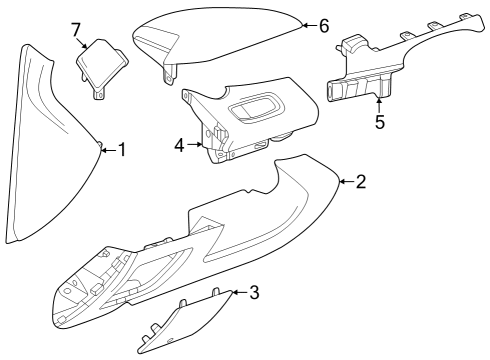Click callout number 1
(x=122, y=150)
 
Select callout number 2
(x=360, y=182)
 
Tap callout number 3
(x=254, y=292)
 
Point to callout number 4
(x=180, y=145)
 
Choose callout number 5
(x=379, y=123)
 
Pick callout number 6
(x=323, y=26)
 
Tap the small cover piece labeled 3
(x=190, y=325)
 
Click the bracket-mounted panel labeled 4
(x=250, y=125)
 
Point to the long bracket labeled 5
(x=400, y=60)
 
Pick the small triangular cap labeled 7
(x=100, y=65)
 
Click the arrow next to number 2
(x=344, y=181)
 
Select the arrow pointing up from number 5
(x=379, y=104)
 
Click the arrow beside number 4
(x=195, y=145)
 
